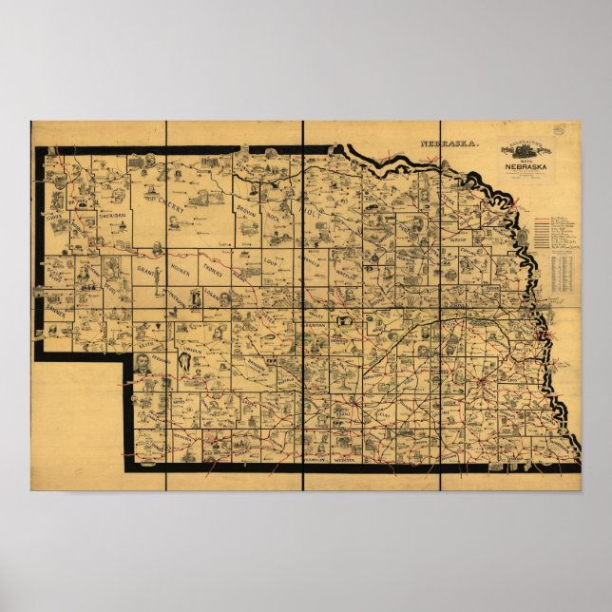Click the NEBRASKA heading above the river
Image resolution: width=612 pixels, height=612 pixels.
tap(452, 145)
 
